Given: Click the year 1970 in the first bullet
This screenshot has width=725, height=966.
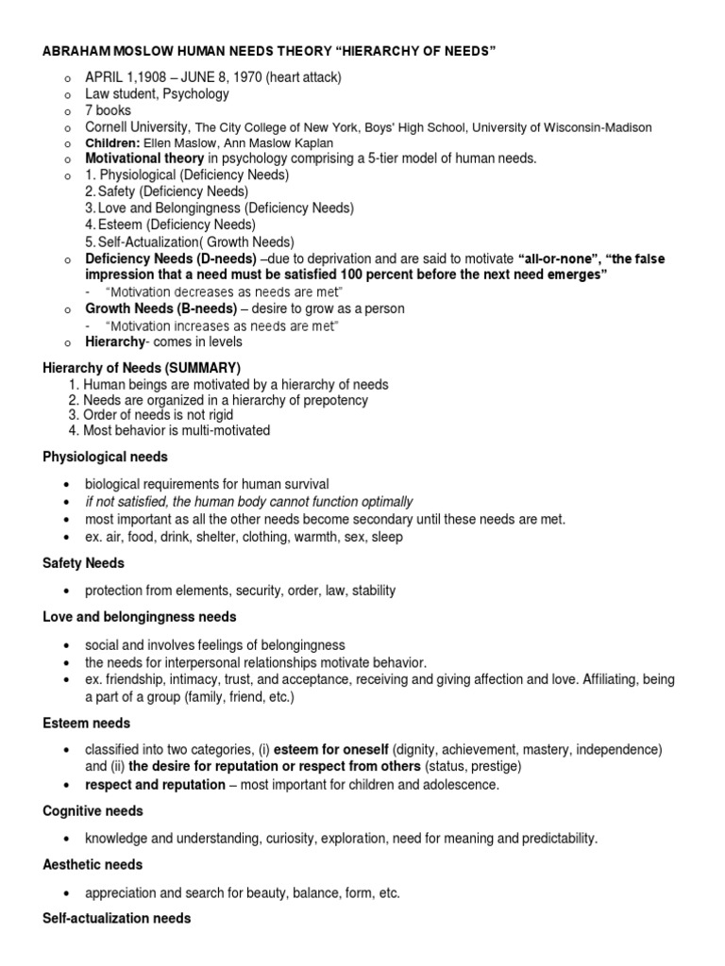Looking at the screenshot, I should pos(233,77).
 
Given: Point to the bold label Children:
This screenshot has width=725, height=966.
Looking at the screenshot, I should pos(113,142).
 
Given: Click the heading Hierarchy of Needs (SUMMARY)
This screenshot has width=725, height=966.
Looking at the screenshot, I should pos(142,366).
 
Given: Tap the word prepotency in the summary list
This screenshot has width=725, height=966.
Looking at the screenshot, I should pos(336,400).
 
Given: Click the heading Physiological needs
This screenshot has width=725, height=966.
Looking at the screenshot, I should pos(106,457).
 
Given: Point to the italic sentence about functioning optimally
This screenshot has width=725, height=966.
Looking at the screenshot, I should pos(248,502).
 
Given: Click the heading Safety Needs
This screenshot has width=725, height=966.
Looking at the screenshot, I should pos(82,562).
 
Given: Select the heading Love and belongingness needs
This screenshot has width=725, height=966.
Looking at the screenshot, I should pos(140,616).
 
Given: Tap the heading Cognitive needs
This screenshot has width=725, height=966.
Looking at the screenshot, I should pos(93,810).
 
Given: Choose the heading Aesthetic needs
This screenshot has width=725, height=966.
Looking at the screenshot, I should pos(93,864).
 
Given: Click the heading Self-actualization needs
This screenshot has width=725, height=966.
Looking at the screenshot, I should pos(117,918).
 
